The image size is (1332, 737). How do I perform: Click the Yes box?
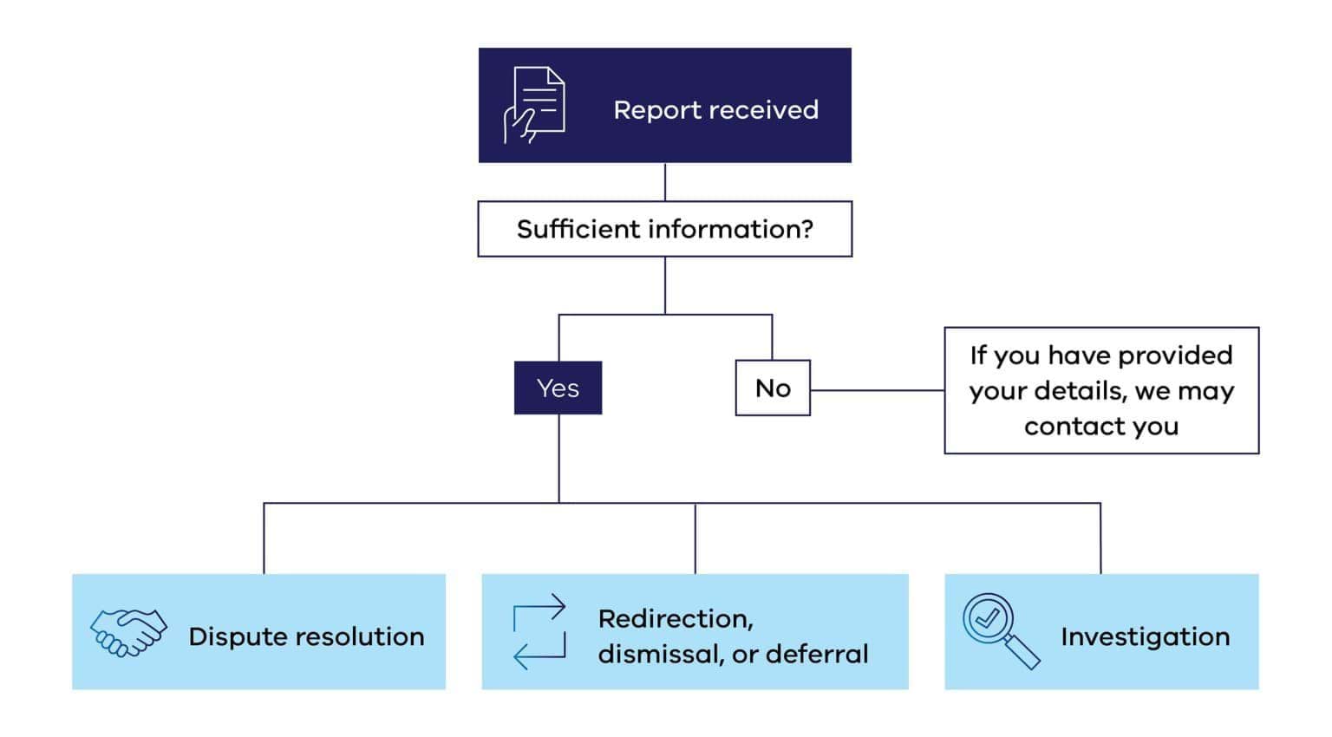(x=558, y=388)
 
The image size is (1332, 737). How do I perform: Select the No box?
(x=773, y=388)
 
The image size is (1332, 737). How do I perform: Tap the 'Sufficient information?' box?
(x=664, y=229)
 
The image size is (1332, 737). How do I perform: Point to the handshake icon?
(x=128, y=632)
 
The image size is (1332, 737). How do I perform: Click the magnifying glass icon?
(x=1000, y=630)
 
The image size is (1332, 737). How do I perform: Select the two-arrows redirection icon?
(x=539, y=631)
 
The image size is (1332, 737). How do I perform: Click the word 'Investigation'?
(x=1145, y=636)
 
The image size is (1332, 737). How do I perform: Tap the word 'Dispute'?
(x=232, y=636)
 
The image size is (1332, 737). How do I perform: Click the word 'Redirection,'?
(x=676, y=618)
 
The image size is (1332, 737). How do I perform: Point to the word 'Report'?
(x=656, y=110)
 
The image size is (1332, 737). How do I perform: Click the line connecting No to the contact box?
(x=876, y=390)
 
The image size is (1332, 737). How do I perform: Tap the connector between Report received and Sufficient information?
(x=665, y=182)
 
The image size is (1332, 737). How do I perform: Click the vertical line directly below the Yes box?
(x=558, y=458)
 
